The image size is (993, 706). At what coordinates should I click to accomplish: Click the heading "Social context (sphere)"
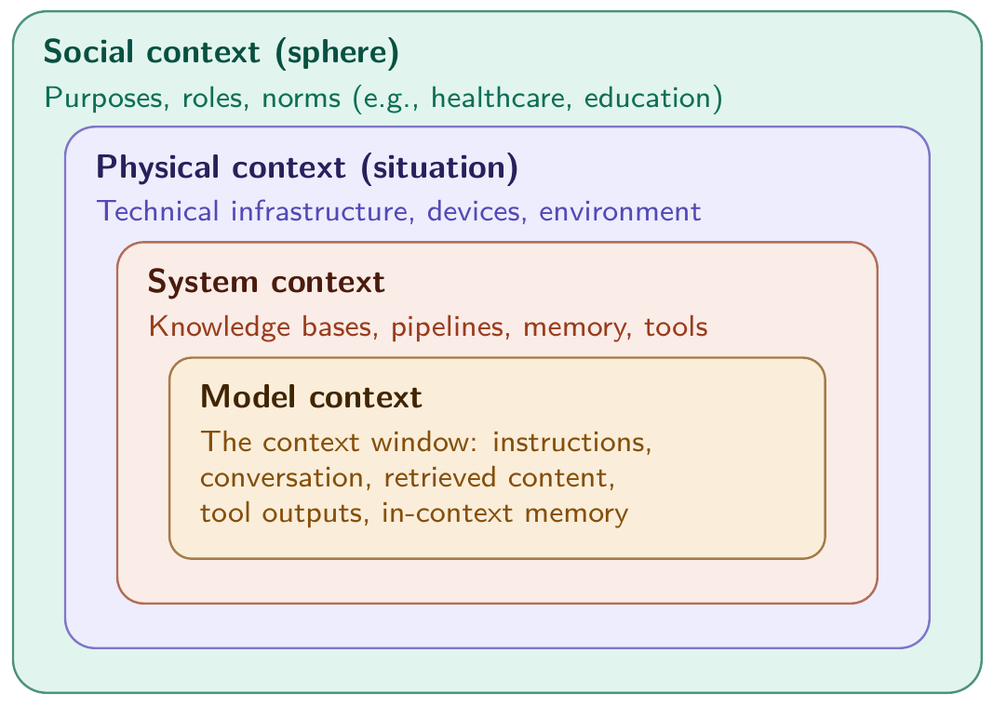pos(221,52)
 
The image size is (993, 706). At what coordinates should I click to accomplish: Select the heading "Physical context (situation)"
pos(307,167)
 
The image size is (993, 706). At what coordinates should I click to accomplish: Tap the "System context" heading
pos(266,281)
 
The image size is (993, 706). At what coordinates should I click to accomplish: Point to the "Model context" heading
pos(311,397)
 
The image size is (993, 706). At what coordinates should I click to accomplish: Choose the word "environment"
pos(620,211)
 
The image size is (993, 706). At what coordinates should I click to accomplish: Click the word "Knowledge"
pos(219,326)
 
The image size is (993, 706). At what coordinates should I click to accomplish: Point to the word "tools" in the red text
pos(676,326)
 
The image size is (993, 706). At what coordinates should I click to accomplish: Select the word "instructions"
pos(571,442)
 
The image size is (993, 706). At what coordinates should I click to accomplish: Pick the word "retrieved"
pos(439,477)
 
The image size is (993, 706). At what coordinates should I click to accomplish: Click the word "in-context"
pos(447,513)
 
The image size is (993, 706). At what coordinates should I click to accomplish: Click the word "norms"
pos(302,100)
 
